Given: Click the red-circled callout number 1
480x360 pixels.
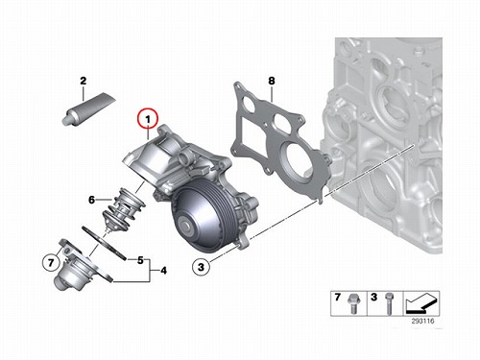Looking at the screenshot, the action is click(x=148, y=119).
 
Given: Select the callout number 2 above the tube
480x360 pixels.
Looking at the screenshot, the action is click(x=84, y=81).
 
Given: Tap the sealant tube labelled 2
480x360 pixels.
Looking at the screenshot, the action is click(x=88, y=108).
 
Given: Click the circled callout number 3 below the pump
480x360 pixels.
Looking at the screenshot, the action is click(x=201, y=267).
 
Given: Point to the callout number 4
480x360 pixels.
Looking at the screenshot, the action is click(x=163, y=271).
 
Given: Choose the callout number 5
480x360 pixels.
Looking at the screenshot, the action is click(x=140, y=260).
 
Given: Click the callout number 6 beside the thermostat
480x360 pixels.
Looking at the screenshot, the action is click(x=92, y=200).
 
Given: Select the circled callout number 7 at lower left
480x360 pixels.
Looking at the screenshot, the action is click(x=51, y=263).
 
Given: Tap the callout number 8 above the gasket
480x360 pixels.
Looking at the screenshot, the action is click(x=272, y=81).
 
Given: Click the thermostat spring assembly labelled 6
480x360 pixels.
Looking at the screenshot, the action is click(x=123, y=209).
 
